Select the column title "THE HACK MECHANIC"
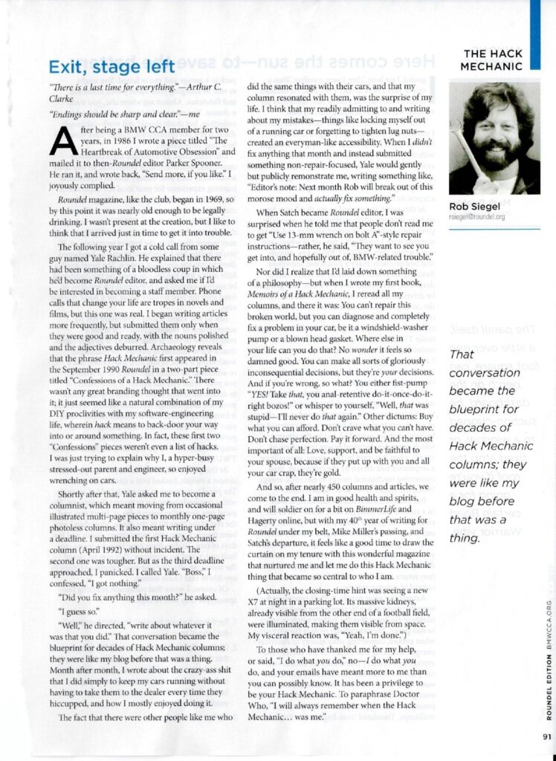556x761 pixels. tap(493, 59)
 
